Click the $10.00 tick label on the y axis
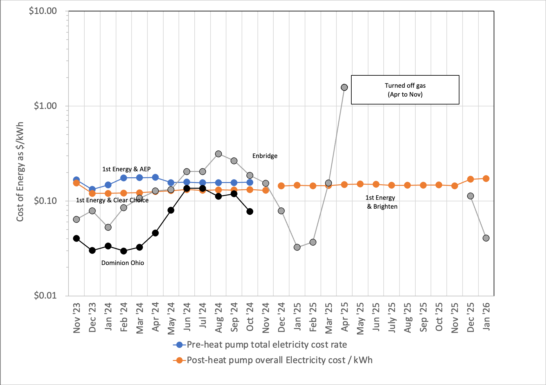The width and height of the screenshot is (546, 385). click(43, 11)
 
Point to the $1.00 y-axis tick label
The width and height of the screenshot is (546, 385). click(45, 106)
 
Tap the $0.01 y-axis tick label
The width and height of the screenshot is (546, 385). click(45, 295)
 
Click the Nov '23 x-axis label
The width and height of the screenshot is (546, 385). click(76, 318)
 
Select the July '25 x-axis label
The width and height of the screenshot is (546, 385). click(392, 318)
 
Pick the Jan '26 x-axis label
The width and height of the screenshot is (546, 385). click(486, 317)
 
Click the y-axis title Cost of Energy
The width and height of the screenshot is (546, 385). click(20, 172)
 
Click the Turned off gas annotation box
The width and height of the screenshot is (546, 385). click(405, 90)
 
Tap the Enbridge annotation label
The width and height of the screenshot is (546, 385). click(265, 156)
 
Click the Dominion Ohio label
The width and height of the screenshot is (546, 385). click(123, 263)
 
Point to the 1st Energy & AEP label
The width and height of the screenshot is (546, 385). click(126, 169)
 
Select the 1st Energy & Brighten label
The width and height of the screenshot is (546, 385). click(381, 202)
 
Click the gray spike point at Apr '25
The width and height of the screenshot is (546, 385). click(344, 87)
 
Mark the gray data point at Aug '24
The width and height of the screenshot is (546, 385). click(218, 154)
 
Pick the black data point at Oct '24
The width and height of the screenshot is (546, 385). click(250, 211)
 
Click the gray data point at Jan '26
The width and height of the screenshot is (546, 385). click(486, 238)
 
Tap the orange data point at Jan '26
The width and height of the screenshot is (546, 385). click(486, 179)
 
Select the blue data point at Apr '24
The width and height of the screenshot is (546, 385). click(155, 177)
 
